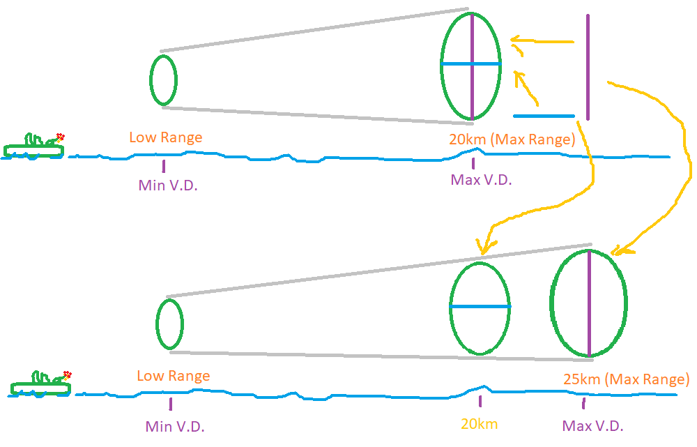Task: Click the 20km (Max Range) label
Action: [x=512, y=139]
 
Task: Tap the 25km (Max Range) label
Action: [x=626, y=379]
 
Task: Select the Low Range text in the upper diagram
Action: [x=166, y=137]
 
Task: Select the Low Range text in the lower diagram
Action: [x=174, y=376]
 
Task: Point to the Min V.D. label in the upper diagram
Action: [x=164, y=185]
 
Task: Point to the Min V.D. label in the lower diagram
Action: [x=175, y=426]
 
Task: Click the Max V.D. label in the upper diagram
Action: [x=481, y=180]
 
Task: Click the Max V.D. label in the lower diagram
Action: [x=592, y=426]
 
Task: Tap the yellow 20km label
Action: [x=479, y=424]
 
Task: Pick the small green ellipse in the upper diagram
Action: [x=163, y=80]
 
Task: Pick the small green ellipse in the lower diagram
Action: [x=169, y=324]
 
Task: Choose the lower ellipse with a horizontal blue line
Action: [x=480, y=308]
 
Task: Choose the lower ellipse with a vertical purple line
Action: [x=589, y=304]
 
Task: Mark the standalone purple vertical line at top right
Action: [x=588, y=67]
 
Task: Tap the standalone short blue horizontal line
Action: [x=544, y=116]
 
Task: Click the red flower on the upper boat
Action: [x=61, y=137]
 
